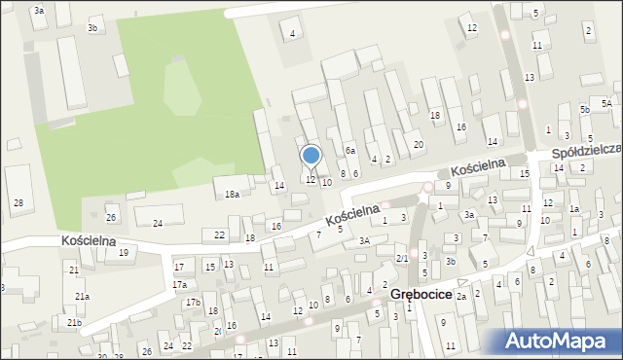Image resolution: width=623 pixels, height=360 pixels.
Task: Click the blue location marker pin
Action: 311,156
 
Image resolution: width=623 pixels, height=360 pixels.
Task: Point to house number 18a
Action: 232,195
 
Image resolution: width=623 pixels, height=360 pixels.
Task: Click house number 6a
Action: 349,151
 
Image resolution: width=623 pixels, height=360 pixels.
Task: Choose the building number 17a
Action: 179,285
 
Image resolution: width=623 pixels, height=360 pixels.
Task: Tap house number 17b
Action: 194,303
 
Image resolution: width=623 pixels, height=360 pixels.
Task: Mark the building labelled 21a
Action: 83,296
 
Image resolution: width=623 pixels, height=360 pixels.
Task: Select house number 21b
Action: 75,322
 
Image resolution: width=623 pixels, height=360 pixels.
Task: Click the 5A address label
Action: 605,103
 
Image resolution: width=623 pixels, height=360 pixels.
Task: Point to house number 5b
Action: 584,110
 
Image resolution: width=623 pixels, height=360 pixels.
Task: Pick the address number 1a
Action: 574,209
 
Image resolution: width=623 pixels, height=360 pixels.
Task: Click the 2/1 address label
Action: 402,258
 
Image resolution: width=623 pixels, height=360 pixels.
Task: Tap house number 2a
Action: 462,296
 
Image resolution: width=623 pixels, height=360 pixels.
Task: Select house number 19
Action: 123,253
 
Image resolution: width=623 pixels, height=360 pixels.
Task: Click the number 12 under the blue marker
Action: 311,179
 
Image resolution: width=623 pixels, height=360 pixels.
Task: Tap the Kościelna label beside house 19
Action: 89,239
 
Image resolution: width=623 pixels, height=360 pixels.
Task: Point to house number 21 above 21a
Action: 73,269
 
